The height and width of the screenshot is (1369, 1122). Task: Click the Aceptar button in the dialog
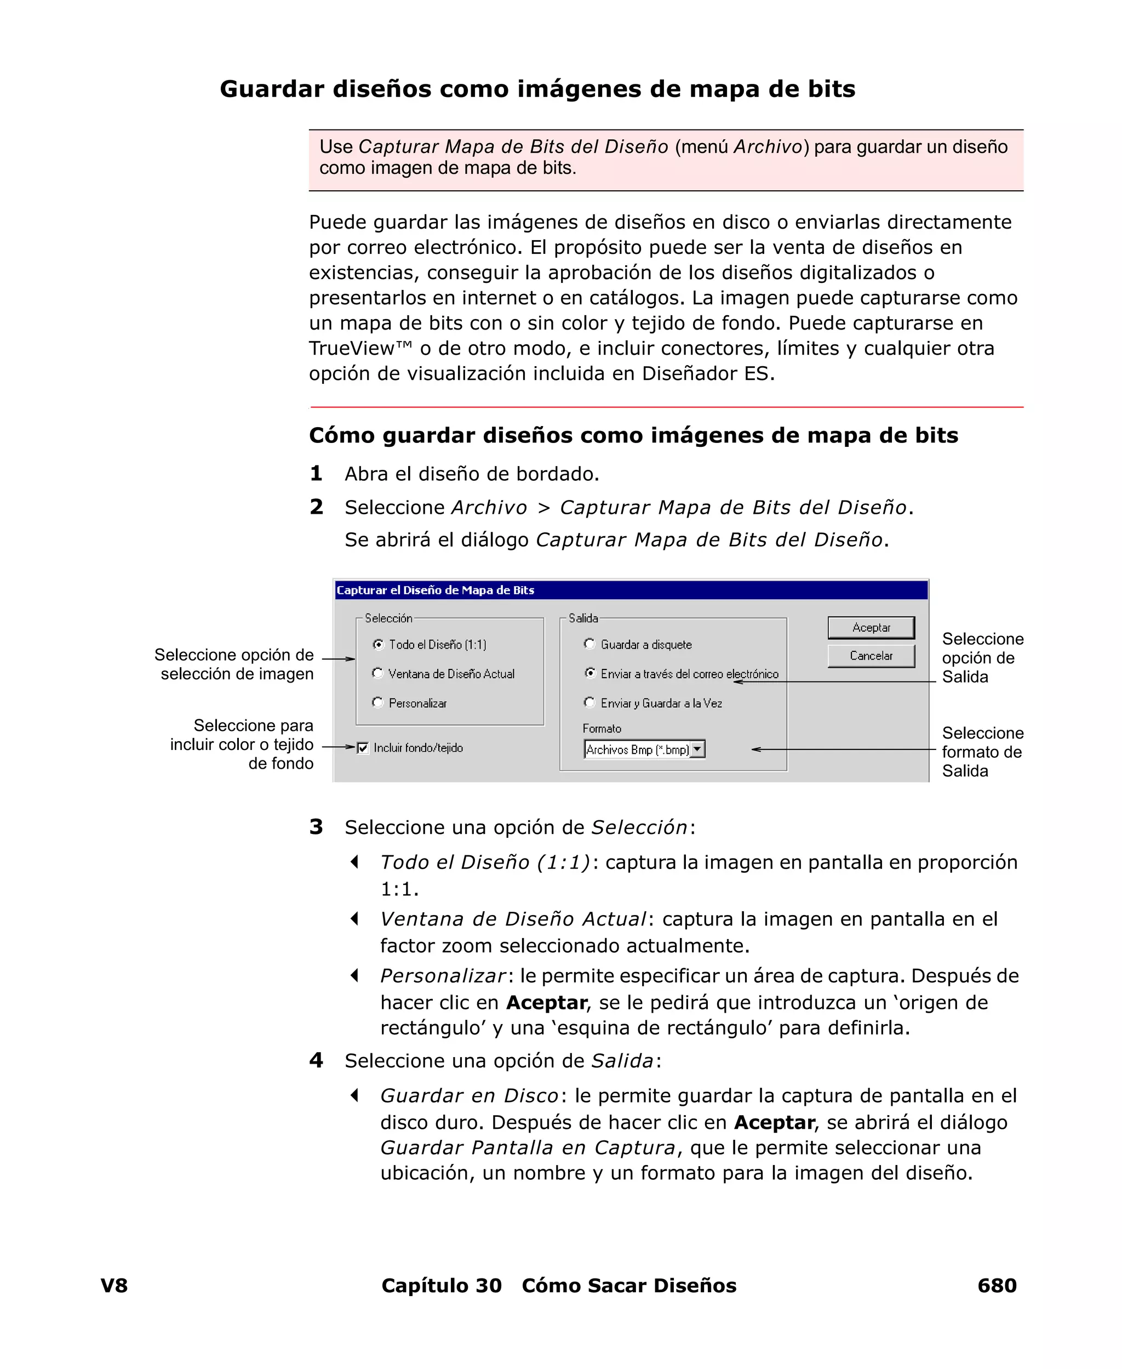pyautogui.click(x=871, y=627)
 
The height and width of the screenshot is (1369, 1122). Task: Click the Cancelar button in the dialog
pyautogui.click(x=871, y=656)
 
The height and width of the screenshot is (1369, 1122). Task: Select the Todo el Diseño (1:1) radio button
pyautogui.click(x=379, y=644)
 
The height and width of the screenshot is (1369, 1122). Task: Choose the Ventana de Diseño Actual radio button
pyautogui.click(x=378, y=673)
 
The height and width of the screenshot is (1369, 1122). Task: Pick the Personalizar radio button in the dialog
pyautogui.click(x=378, y=702)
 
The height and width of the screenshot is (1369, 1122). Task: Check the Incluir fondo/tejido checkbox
pyautogui.click(x=363, y=748)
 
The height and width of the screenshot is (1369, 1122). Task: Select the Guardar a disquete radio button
pyautogui.click(x=589, y=644)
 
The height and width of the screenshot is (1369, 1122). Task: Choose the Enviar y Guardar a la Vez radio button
pyautogui.click(x=589, y=702)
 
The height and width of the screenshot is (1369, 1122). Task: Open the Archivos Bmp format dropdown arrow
pyautogui.click(x=697, y=749)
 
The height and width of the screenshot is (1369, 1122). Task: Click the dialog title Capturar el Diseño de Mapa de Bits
pyautogui.click(x=435, y=590)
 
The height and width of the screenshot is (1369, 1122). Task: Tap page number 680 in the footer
pyautogui.click(x=997, y=1285)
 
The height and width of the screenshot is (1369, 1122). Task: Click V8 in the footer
pyautogui.click(x=114, y=1285)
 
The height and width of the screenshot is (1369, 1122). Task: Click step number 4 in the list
pyautogui.click(x=316, y=1060)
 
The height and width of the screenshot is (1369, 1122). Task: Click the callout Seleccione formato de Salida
pyautogui.click(x=981, y=752)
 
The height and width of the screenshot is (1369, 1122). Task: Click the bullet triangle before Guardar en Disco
pyautogui.click(x=354, y=1095)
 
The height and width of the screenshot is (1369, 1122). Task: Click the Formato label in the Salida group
pyautogui.click(x=602, y=729)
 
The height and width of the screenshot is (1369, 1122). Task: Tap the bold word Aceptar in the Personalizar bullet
pyautogui.click(x=546, y=1002)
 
